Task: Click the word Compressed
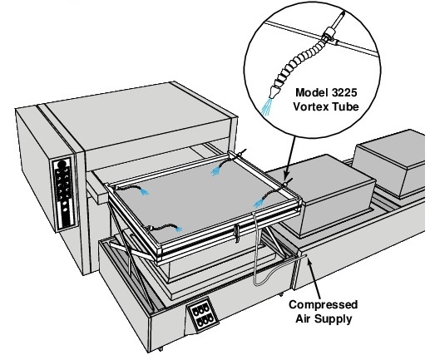tap(324, 305)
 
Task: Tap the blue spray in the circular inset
tap(267, 106)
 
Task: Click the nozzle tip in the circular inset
tap(274, 92)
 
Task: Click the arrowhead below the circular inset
tap(286, 176)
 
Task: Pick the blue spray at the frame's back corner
tap(215, 171)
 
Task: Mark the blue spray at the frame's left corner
tap(144, 191)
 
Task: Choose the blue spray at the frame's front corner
tap(178, 229)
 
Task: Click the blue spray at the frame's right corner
tap(259, 204)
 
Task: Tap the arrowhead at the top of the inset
tap(343, 14)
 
